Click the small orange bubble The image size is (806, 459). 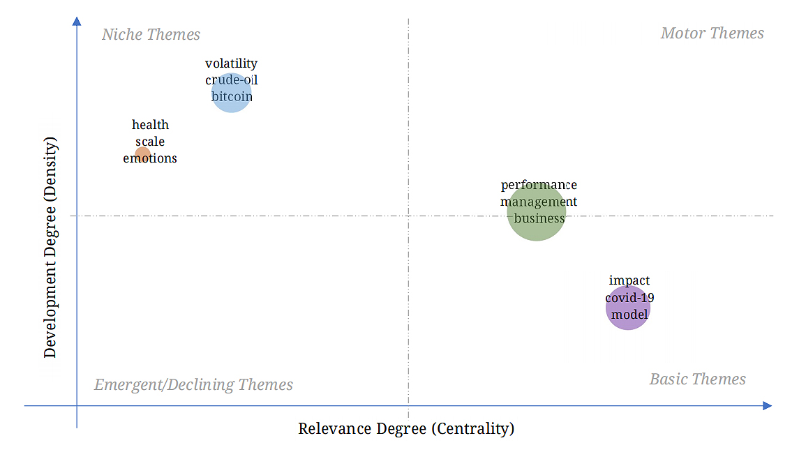(142, 154)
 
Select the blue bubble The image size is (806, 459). (231, 93)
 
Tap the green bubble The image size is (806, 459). (536, 213)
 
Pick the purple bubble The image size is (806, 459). (628, 308)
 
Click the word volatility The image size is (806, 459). (231, 64)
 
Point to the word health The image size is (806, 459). (150, 125)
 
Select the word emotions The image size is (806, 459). (150, 158)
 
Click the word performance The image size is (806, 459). (539, 186)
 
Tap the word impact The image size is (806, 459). (629, 280)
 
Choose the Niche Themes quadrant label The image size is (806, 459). (151, 34)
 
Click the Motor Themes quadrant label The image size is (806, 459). (712, 33)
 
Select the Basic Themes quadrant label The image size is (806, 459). (697, 379)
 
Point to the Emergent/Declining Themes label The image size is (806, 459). (193, 385)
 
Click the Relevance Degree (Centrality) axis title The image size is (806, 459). (406, 428)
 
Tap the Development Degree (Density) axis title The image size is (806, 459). (50, 248)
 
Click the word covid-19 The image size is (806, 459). (629, 297)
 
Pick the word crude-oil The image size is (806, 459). (231, 80)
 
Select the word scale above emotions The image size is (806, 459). (150, 142)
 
